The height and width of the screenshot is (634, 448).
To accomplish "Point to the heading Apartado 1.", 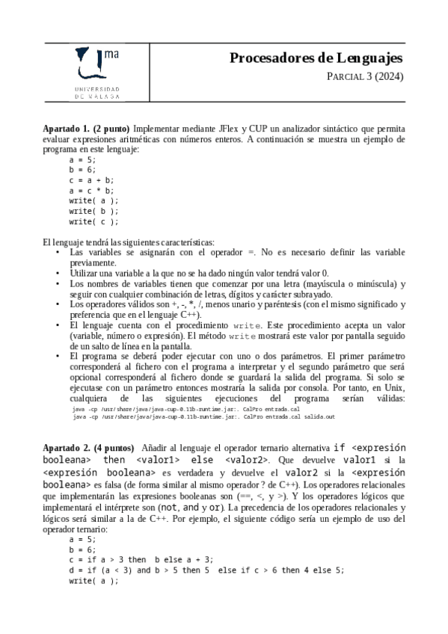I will (66, 129).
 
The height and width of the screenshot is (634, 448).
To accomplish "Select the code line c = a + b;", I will (91, 180).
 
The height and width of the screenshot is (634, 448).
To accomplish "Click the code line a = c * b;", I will (91, 191).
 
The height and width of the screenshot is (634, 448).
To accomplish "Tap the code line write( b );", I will (93, 212).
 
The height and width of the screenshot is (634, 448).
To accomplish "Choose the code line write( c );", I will (93, 222).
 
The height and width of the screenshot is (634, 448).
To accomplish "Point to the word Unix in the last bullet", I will (394, 389).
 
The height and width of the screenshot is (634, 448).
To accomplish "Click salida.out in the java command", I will (319, 416).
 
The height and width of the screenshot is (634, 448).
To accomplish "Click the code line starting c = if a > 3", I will (141, 559).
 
